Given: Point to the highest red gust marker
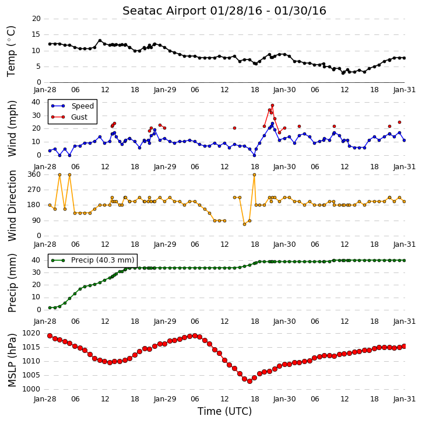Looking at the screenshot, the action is click(x=272, y=105).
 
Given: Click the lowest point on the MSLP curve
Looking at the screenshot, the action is click(x=249, y=381).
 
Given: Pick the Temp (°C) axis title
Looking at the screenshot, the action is click(x=11, y=51).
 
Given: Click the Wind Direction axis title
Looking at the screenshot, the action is click(x=12, y=205).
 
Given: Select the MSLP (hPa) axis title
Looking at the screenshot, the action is click(x=12, y=361).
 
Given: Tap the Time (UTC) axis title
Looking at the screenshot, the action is click(x=224, y=411).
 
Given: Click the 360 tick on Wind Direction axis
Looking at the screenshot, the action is click(x=34, y=174).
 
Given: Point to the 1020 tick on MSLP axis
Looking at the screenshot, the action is click(x=31, y=333).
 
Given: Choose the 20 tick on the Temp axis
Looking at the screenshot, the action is click(x=36, y=19).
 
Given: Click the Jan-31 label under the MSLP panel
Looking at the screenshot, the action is click(x=404, y=399).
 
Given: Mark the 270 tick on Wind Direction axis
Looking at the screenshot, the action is click(x=34, y=190).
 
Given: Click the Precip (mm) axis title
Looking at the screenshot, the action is click(x=12, y=283).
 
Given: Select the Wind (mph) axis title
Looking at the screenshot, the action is click(x=12, y=128).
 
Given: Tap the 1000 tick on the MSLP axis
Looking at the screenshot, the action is click(x=31, y=389).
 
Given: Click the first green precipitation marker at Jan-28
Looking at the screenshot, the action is click(x=50, y=307).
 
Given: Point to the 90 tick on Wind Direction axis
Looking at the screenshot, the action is click(x=36, y=221).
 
